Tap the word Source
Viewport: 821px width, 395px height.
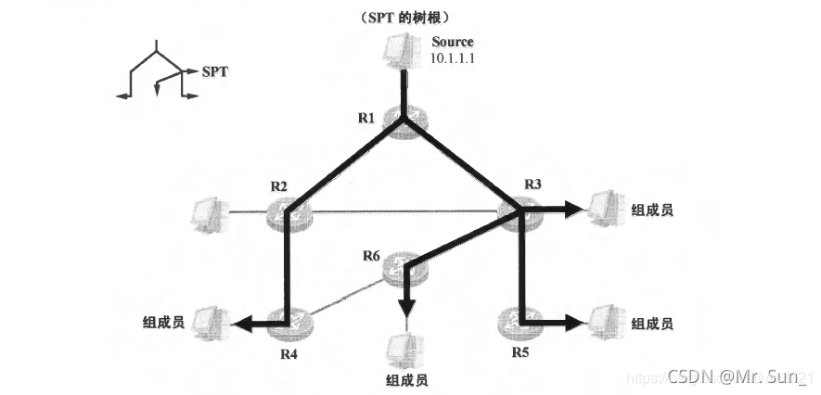[453, 42]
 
